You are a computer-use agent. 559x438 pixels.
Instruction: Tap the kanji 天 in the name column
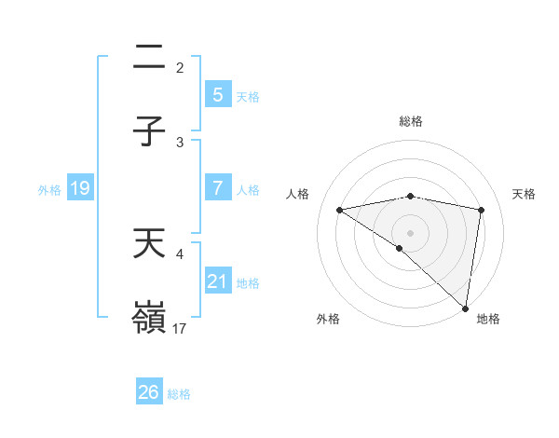click(x=149, y=245)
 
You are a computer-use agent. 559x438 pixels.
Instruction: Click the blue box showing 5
click(x=217, y=95)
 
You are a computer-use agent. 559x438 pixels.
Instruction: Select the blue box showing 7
click(x=217, y=188)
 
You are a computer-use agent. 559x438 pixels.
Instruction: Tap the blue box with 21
click(x=217, y=281)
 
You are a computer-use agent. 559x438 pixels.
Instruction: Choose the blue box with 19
click(x=79, y=189)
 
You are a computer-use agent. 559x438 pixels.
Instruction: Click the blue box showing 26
click(x=148, y=392)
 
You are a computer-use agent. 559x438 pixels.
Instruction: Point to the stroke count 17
click(x=181, y=329)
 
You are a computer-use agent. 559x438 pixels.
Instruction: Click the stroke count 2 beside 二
click(x=180, y=68)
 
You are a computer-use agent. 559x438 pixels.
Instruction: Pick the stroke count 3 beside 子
click(x=180, y=143)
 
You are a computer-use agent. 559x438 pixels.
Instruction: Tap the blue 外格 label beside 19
click(x=49, y=190)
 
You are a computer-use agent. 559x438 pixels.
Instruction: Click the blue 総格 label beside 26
click(x=179, y=394)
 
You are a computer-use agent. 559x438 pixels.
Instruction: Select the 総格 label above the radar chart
click(x=411, y=121)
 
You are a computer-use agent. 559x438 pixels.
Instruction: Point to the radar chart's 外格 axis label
click(x=327, y=319)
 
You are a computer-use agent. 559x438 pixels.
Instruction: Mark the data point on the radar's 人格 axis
click(x=340, y=211)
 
